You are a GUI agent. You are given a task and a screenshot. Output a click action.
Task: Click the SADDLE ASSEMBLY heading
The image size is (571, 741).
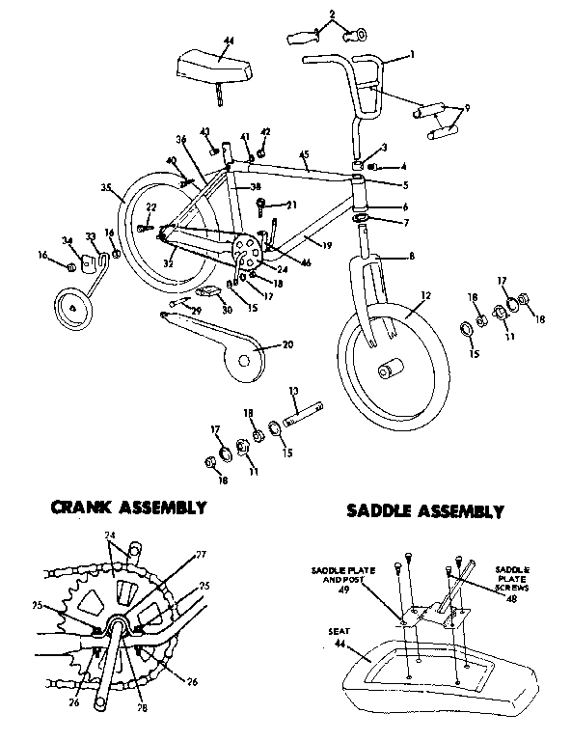tap(424, 510)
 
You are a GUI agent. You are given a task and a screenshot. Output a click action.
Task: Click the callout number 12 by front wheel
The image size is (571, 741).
tap(425, 294)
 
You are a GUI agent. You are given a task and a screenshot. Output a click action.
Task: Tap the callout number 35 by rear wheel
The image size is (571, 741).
tap(106, 188)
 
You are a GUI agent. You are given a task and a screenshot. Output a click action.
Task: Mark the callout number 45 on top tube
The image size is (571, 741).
tap(304, 153)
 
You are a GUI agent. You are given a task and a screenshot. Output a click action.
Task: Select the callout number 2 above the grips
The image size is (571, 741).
tap(332, 13)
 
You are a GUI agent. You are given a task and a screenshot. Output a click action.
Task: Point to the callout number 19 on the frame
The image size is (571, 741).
tap(327, 246)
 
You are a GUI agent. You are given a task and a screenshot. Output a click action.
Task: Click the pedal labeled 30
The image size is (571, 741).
tap(207, 292)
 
